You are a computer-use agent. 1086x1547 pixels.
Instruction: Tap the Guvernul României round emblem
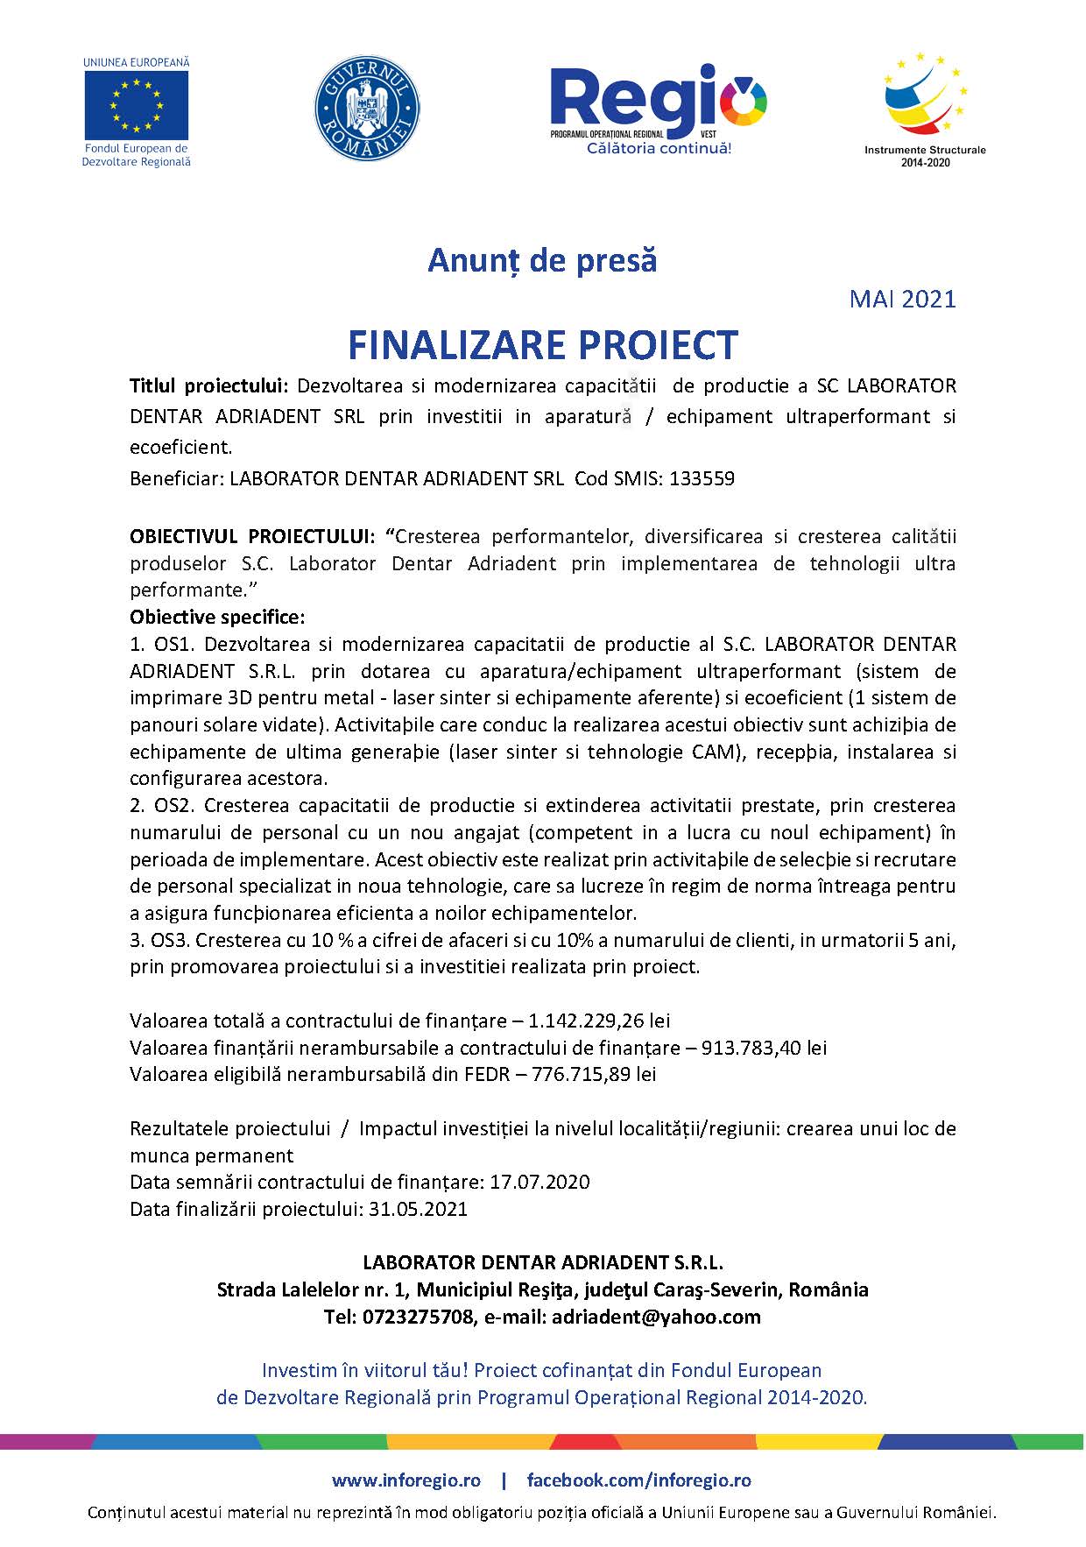click(367, 109)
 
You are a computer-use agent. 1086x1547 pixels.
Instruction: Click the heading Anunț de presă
click(542, 260)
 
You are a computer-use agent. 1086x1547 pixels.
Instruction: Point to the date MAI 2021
click(902, 300)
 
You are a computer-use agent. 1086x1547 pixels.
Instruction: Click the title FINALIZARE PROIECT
click(543, 345)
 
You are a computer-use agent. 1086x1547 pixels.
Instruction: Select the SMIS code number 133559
click(702, 479)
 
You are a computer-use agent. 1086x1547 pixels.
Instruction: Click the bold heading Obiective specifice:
click(217, 617)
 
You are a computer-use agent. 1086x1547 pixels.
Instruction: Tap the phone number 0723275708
click(417, 1317)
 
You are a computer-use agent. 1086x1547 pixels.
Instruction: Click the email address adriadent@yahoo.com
click(656, 1317)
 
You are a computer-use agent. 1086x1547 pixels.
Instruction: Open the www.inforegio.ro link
click(406, 1480)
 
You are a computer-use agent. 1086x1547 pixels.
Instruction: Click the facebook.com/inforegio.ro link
click(638, 1480)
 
